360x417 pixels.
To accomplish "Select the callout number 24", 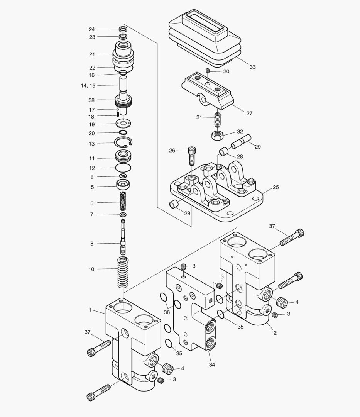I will pyautogui.click(x=92, y=29).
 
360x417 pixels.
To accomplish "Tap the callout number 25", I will pyautogui.click(x=275, y=187).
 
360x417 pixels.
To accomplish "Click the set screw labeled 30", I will pyautogui.click(x=207, y=71).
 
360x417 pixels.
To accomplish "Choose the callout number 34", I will pyautogui.click(x=212, y=364).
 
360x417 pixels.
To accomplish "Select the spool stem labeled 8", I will pyautogui.click(x=123, y=237).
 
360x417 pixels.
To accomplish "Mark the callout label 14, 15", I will pyautogui.click(x=88, y=86).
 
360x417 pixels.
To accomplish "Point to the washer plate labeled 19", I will pyautogui.click(x=123, y=124).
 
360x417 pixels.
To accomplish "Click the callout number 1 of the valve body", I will pyautogui.click(x=90, y=310).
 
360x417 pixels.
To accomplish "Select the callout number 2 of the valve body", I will pyautogui.click(x=275, y=332).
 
